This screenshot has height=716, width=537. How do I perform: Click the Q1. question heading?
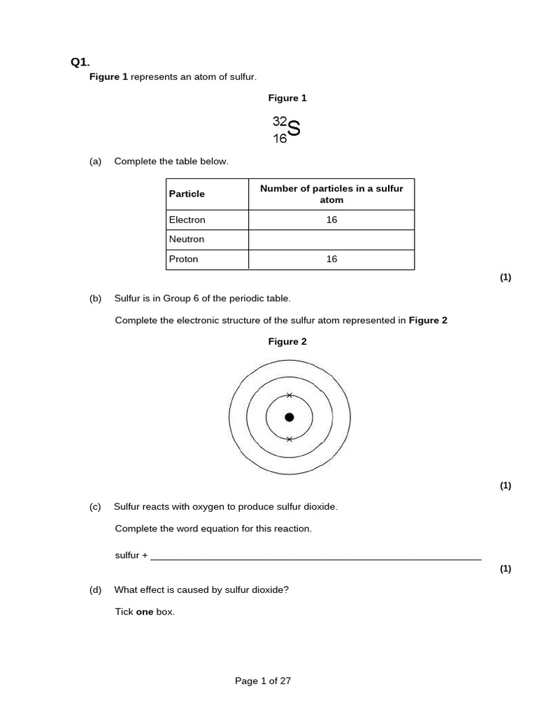click(80, 62)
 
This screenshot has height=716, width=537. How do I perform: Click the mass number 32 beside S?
click(280, 121)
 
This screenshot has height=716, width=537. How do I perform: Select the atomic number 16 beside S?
click(280, 138)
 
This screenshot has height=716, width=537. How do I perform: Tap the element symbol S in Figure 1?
click(294, 129)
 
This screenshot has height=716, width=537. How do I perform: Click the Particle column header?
click(187, 194)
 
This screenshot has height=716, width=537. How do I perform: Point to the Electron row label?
click(187, 220)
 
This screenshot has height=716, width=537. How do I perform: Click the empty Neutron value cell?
click(331, 240)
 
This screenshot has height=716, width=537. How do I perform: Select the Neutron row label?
click(187, 239)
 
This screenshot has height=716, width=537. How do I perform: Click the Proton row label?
click(184, 259)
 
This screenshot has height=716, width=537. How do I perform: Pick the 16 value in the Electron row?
click(331, 220)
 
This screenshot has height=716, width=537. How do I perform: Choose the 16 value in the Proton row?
click(331, 259)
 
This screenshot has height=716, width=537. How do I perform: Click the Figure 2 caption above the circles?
click(287, 342)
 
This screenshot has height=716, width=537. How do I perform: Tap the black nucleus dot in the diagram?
click(289, 417)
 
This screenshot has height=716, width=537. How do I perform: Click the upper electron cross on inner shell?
click(289, 396)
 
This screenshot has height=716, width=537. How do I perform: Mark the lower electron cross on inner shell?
click(289, 439)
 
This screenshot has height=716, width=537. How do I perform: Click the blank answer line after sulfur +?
click(316, 557)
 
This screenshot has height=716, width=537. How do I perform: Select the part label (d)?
click(96, 589)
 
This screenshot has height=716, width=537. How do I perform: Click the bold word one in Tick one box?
click(144, 612)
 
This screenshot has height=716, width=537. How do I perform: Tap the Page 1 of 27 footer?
click(263, 681)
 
